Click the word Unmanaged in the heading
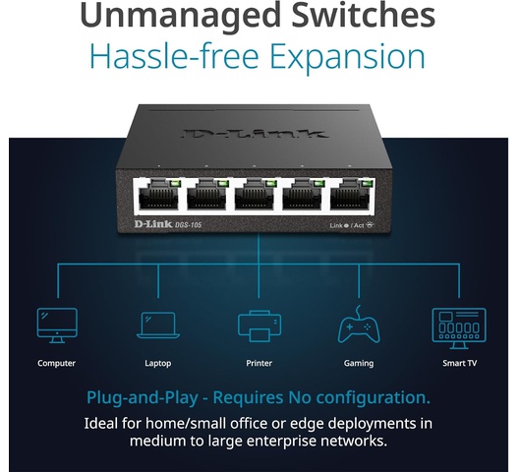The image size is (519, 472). point(181,16)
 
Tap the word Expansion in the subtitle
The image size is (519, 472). point(348,57)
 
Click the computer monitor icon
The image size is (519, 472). point(57,325)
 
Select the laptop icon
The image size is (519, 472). point(158,325)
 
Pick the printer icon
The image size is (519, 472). point(259,326)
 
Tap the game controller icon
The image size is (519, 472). point(359,324)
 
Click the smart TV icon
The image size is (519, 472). point(459,328)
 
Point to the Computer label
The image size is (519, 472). point(57,363)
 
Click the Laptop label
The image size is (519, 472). point(158,364)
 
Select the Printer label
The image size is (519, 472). point(259,363)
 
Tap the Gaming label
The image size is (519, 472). point(359,364)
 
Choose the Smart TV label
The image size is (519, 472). point(459,363)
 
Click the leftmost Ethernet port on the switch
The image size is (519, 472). point(158,196)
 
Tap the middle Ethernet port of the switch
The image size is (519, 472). point(255,196)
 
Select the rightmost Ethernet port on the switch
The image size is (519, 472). point(350,196)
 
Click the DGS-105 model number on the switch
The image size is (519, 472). point(188,225)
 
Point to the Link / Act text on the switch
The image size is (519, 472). point(352,225)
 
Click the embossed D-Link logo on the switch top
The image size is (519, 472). point(255,133)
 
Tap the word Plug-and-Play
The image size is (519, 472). point(143,398)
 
